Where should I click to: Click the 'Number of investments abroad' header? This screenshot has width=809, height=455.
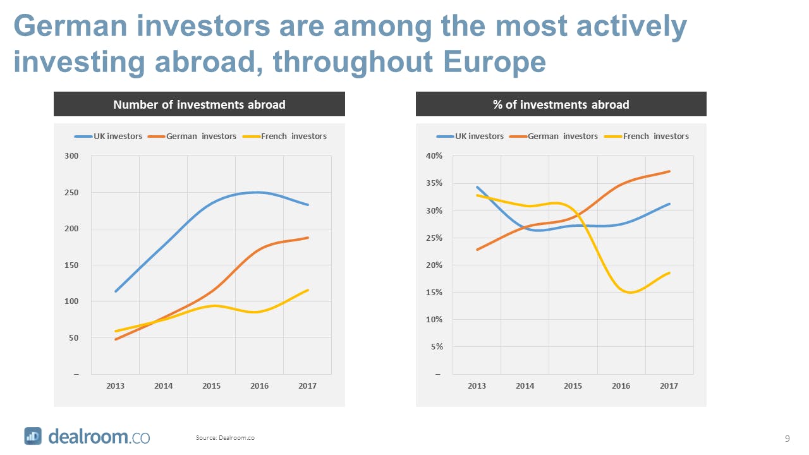pos(199,104)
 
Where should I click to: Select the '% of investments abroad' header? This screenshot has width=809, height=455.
pos(561,104)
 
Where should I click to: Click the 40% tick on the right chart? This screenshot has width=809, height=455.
pos(434,156)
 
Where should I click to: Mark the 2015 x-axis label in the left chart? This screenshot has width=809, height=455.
pos(211,385)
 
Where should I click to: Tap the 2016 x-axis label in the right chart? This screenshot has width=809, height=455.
pos(621,385)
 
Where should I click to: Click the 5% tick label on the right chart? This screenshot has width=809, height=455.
pos(435,347)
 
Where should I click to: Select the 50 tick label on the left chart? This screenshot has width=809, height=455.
pos(73,338)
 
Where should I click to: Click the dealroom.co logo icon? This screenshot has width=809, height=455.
pos(33,436)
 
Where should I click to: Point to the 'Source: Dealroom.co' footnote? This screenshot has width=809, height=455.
pos(225,437)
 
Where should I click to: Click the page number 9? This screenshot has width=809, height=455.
pos(787,438)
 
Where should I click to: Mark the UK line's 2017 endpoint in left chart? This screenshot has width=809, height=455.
pos(308,205)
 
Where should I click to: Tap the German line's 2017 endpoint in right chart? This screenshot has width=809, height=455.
pos(669,171)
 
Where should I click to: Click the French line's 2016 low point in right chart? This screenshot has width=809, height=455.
pos(630,293)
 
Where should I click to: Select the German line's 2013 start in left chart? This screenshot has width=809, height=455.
pos(116,339)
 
